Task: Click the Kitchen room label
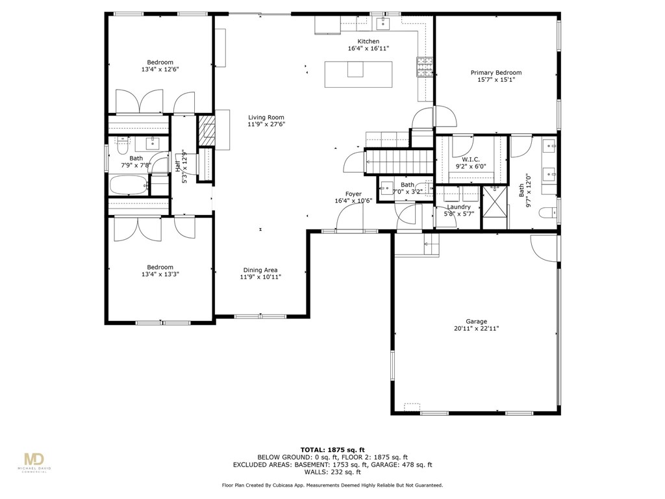(363, 42)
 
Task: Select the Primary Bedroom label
(496, 73)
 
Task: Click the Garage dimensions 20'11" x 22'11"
(476, 329)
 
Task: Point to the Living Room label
(266, 118)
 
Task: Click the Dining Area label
(260, 270)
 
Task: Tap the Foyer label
(353, 194)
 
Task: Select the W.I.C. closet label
(470, 159)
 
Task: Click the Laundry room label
(458, 207)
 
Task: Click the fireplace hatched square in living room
(207, 132)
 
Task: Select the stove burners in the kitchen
(424, 66)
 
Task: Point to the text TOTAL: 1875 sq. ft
(332, 450)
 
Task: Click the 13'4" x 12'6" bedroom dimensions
(160, 69)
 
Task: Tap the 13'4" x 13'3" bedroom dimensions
(160, 274)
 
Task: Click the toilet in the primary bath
(549, 211)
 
